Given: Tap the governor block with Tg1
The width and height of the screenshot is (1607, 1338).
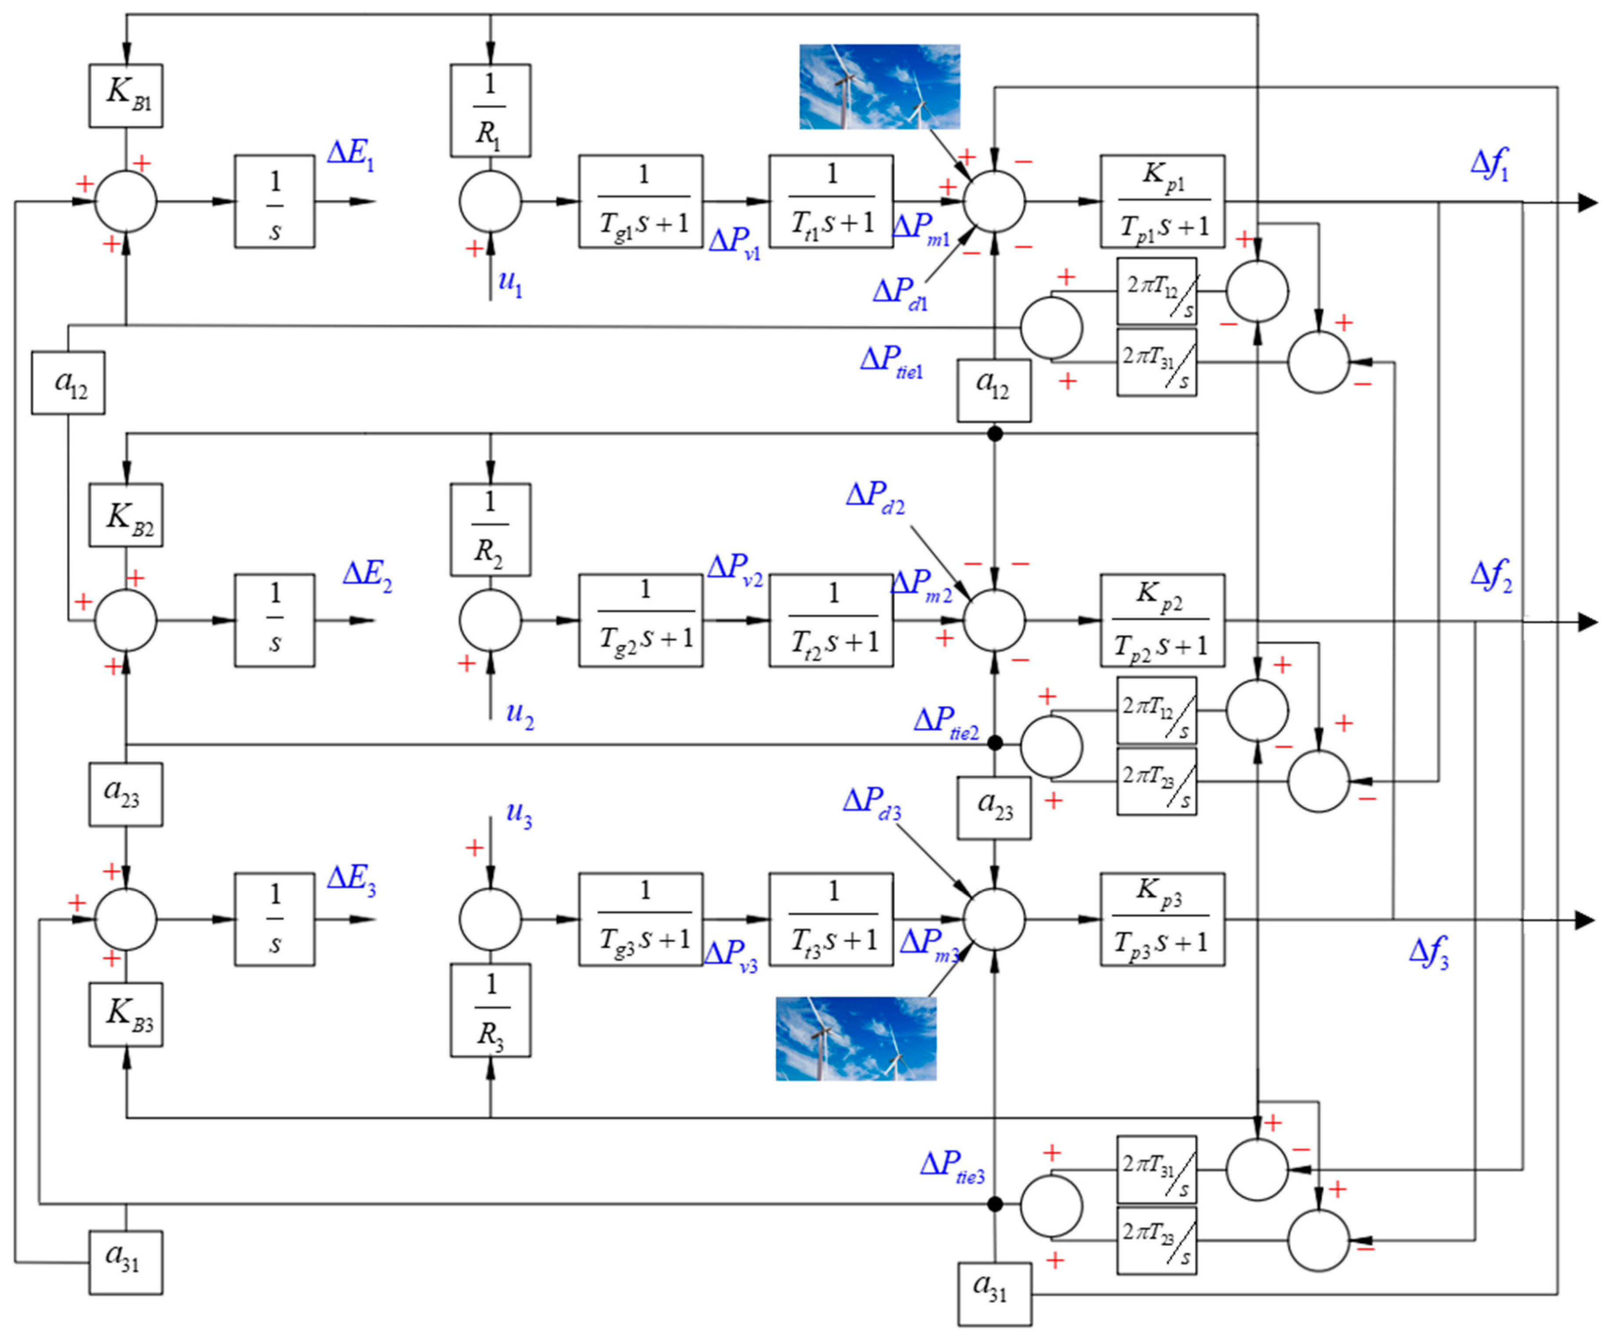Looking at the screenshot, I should pyautogui.click(x=641, y=201).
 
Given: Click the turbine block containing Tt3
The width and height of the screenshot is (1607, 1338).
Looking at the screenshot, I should pyautogui.click(x=831, y=918).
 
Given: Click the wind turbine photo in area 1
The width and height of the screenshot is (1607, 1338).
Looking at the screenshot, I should pyautogui.click(x=879, y=86).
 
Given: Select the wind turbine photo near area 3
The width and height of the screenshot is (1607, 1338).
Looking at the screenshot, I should pyautogui.click(x=856, y=1039).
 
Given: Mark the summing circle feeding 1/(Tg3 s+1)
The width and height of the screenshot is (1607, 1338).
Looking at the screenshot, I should pyautogui.click(x=490, y=918).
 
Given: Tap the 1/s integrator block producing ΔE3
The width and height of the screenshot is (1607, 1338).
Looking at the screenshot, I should pyautogui.click(x=274, y=918).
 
